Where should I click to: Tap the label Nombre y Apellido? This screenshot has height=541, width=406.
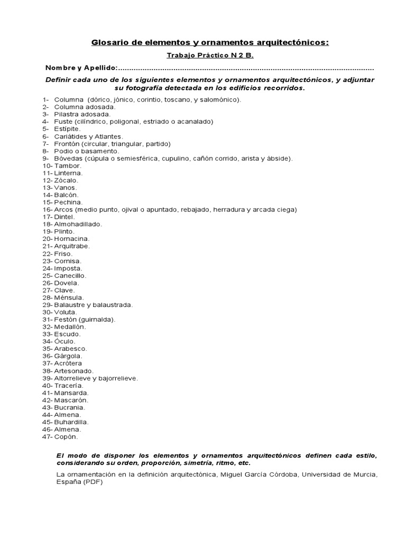coord(80,68)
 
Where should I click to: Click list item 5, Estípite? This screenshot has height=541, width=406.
coord(67,128)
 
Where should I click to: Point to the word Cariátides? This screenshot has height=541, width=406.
coord(70,136)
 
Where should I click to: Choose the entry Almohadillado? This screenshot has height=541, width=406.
coord(78,224)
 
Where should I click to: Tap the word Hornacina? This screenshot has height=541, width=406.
coord(71,239)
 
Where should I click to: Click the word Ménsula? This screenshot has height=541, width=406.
coord(69,297)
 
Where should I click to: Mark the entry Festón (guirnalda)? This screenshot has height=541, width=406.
coord(85,320)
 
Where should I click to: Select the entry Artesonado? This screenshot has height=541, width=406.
coord(73,371)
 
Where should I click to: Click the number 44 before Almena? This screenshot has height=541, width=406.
coord(46,415)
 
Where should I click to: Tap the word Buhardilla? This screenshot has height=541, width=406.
coord(71,422)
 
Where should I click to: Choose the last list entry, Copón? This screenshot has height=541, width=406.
coord(66,437)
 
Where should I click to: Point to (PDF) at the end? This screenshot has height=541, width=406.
coord(93,482)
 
